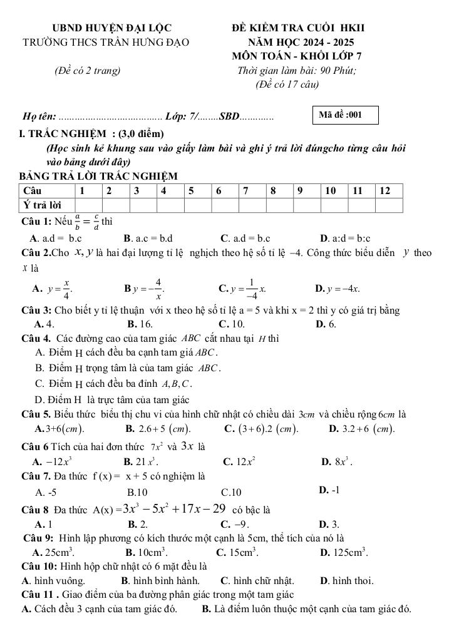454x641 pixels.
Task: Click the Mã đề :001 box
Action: [346, 115]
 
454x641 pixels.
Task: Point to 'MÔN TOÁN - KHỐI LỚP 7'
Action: [296, 56]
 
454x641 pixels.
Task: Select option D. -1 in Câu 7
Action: [329, 490]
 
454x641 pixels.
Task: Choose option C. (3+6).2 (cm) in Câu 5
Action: [261, 429]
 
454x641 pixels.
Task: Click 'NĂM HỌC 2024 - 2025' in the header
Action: [301, 42]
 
